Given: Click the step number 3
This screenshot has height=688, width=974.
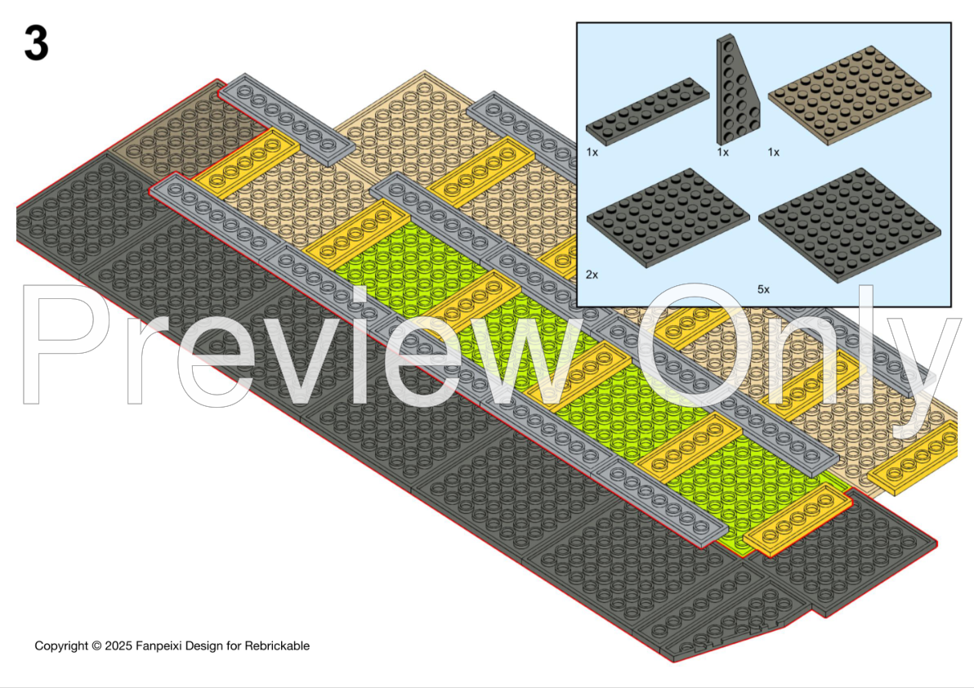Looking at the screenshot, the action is coord(37,43).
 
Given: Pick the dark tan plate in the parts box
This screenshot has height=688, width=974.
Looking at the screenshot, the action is coord(850,95).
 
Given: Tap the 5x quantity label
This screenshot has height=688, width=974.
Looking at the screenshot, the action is coord(763,289).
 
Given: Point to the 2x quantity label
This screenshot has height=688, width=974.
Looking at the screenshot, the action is coord(592,275).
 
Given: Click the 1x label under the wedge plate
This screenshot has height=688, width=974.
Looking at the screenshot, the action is coord(723,152).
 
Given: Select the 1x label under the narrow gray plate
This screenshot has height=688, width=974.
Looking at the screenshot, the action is coord(592,152).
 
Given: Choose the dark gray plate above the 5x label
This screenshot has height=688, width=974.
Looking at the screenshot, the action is coord(849,225).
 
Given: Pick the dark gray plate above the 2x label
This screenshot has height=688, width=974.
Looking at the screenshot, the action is coord(668,217).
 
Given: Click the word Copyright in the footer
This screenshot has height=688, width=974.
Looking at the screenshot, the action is coord(61,646).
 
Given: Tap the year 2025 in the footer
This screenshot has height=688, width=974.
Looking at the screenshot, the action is coord(118,646).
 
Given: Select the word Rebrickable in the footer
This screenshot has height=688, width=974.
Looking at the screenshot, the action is coord(277,646).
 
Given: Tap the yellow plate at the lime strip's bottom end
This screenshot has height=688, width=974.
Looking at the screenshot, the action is coord(798,520).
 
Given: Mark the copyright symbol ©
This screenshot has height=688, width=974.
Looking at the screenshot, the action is coord(96,646).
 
